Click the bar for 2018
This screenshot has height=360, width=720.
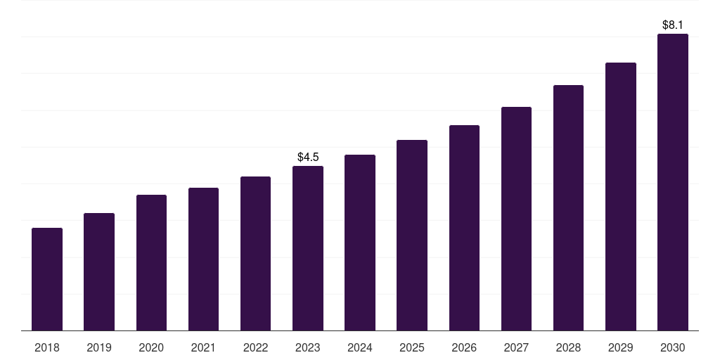(x=47, y=279)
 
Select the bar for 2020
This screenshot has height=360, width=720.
(x=151, y=262)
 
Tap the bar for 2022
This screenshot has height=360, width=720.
(x=255, y=253)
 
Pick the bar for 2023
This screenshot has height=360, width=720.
(x=308, y=248)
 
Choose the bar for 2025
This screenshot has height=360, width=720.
(x=412, y=235)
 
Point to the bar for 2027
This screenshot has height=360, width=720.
(x=516, y=219)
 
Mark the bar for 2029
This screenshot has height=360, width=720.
(x=621, y=196)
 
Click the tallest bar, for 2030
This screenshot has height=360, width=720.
(x=673, y=182)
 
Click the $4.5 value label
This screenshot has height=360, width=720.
(x=308, y=157)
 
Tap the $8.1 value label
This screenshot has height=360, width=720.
(x=673, y=25)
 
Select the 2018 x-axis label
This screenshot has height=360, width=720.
(x=47, y=347)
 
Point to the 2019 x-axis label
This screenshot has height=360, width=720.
(x=99, y=347)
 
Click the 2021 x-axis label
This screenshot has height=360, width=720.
(x=203, y=347)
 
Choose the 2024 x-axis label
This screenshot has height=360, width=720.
(x=360, y=347)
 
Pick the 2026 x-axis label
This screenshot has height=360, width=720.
(x=464, y=347)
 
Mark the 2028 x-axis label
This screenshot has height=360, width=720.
(x=568, y=347)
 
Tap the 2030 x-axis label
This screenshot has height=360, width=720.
(x=673, y=347)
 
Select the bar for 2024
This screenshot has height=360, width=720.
(x=360, y=243)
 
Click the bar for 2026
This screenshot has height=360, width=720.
(x=464, y=228)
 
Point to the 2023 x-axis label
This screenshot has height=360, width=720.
(x=308, y=347)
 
